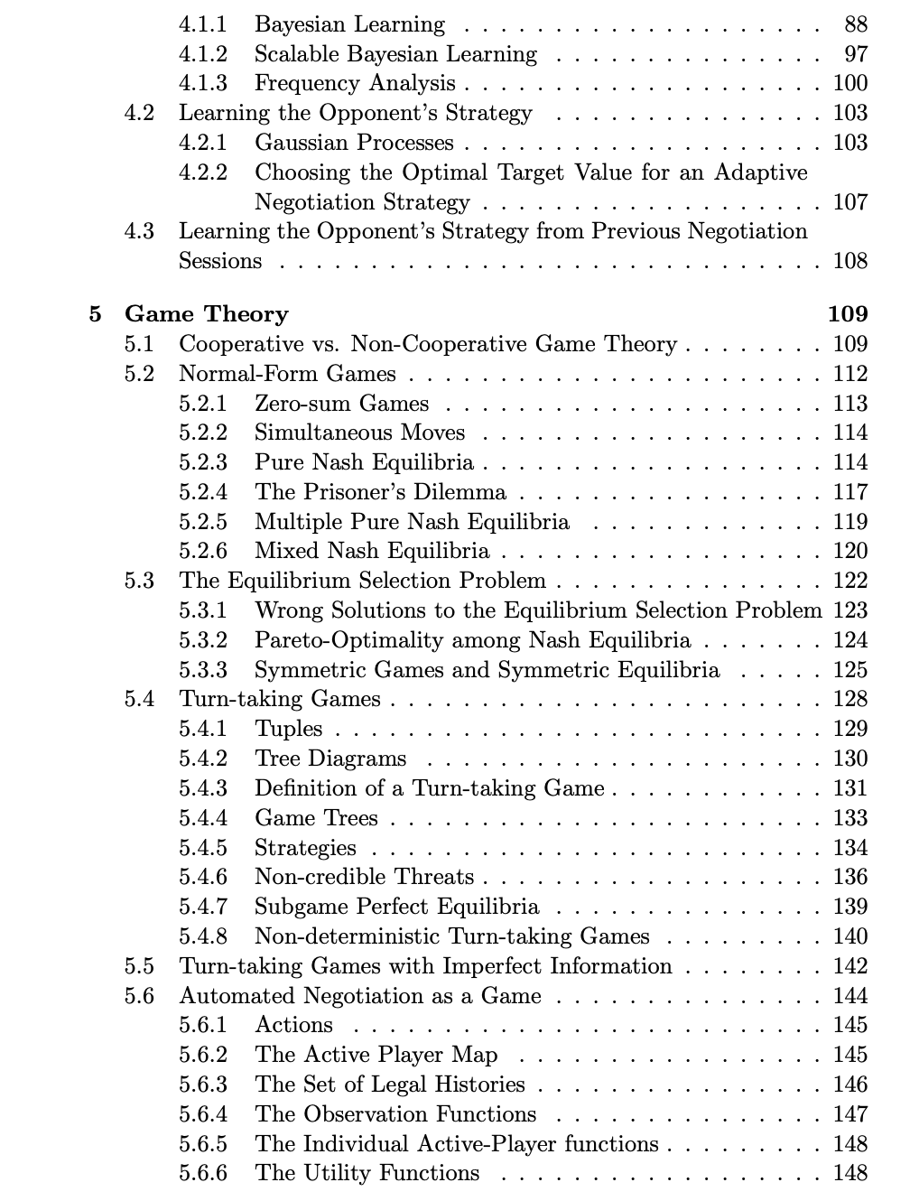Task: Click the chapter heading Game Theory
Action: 206,314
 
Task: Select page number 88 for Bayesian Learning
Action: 855,24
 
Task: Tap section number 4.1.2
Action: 202,54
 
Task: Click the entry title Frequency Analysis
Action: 355,84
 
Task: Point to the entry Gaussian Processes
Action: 354,143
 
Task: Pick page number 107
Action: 849,202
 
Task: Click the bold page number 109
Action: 847,314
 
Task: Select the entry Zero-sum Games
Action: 341,404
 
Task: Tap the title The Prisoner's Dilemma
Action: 380,492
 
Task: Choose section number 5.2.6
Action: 202,551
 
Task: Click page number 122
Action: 849,581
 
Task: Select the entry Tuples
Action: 288,729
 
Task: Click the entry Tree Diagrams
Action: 330,759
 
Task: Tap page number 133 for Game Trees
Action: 849,818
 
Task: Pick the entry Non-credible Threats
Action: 364,877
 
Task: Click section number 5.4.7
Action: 202,907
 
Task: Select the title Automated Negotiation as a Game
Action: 359,996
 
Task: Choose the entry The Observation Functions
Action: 395,1114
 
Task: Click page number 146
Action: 849,1085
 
